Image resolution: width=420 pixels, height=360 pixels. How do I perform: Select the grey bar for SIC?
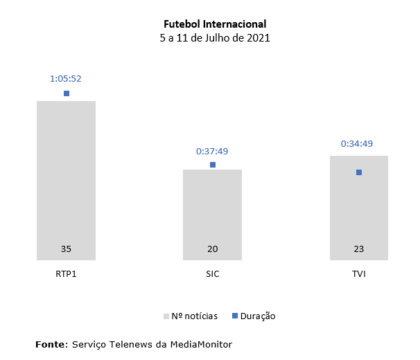click(212, 208)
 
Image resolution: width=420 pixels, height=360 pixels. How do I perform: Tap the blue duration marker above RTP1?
click(67, 93)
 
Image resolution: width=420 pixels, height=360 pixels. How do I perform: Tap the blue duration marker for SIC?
click(213, 165)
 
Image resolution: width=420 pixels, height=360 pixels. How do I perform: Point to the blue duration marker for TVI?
click(359, 172)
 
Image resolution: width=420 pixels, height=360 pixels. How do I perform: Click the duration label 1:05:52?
click(66, 78)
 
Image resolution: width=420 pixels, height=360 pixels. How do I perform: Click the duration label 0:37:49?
click(212, 150)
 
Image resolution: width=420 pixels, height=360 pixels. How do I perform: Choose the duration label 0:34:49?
click(358, 143)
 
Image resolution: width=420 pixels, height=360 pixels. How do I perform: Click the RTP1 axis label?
click(66, 274)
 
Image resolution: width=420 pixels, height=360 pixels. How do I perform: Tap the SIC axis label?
click(212, 274)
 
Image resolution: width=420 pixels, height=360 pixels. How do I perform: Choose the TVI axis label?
click(358, 274)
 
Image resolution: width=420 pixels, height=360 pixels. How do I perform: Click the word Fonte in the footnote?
click(51, 343)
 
